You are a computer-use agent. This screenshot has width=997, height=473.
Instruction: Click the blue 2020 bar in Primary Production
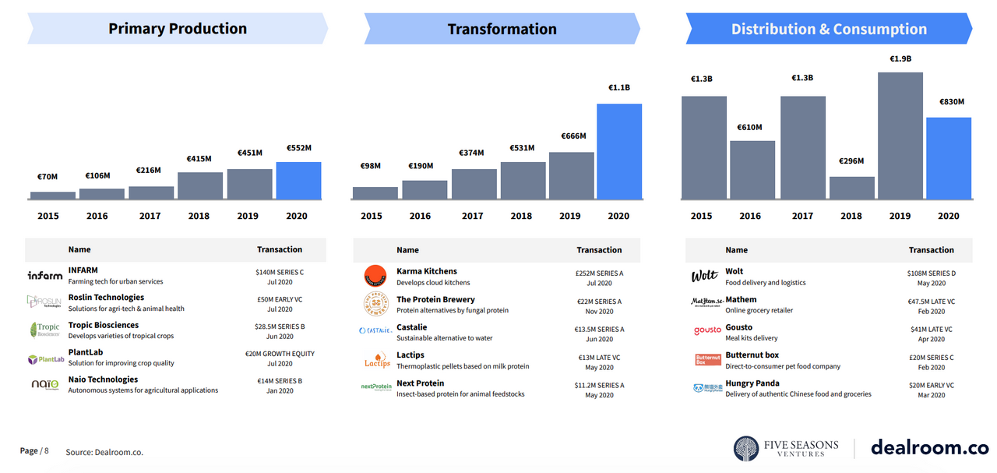(x=298, y=181)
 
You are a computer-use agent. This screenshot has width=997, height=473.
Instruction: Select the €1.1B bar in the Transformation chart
(x=619, y=151)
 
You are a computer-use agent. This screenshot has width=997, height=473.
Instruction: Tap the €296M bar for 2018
(x=851, y=188)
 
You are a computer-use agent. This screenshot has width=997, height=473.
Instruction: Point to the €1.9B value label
(x=900, y=59)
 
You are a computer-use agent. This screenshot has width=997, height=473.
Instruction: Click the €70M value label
(x=47, y=177)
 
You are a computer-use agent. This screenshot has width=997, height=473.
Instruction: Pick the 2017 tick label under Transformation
(x=472, y=216)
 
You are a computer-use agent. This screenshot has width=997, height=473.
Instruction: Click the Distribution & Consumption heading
(x=829, y=30)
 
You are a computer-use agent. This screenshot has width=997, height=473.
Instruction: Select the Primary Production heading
(x=178, y=30)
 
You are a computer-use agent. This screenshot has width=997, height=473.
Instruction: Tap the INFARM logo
(x=45, y=275)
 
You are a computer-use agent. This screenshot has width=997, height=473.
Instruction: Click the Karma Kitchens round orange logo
(x=375, y=277)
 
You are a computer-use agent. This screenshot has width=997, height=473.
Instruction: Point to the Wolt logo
(x=704, y=276)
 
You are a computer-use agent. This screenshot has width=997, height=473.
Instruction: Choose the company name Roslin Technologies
(x=106, y=298)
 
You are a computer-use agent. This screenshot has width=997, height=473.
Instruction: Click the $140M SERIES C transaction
(x=280, y=272)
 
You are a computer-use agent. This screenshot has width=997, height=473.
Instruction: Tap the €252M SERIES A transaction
(x=599, y=274)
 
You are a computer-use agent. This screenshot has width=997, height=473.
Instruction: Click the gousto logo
(x=707, y=331)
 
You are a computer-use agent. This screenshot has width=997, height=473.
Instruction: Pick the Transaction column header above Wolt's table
(x=931, y=250)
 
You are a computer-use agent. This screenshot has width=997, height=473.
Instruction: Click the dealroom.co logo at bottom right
(x=928, y=448)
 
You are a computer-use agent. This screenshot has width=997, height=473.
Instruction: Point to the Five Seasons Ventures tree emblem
(x=746, y=448)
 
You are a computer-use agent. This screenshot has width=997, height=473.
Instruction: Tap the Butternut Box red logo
(x=707, y=360)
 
